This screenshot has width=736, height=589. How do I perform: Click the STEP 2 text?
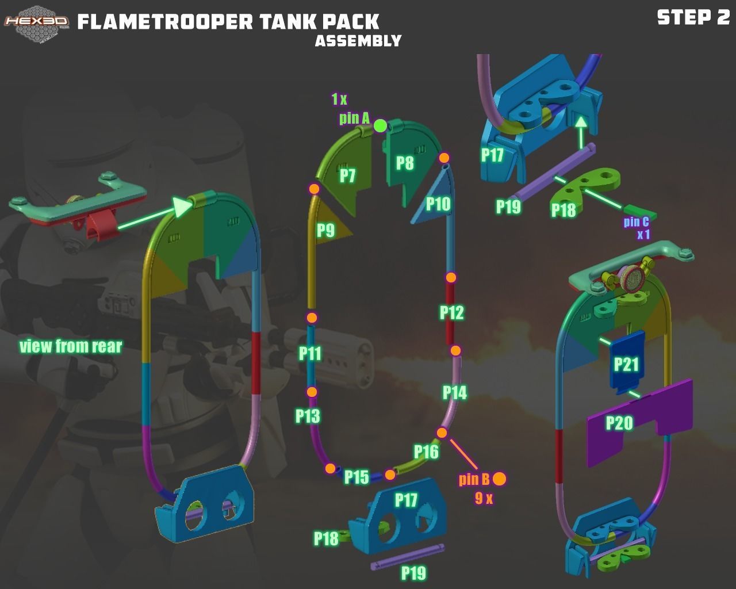[x=693, y=17]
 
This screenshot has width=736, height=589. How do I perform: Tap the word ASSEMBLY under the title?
[x=358, y=41]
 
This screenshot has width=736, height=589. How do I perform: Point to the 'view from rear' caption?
[x=71, y=346]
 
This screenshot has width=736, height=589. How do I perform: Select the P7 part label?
[x=347, y=175]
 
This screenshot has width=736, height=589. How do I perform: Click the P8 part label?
[x=405, y=163]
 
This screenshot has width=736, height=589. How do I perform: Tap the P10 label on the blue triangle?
[x=438, y=204]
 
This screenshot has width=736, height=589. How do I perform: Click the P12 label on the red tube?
[x=451, y=312]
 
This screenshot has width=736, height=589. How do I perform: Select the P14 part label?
[x=454, y=393]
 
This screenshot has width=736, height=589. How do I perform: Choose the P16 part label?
[x=426, y=452]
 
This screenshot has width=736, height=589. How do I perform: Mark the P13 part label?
[x=308, y=416]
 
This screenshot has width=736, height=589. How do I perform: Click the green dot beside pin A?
[x=380, y=125]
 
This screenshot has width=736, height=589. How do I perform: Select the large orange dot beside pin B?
[x=499, y=479]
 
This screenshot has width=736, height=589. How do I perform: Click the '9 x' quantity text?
[x=484, y=499]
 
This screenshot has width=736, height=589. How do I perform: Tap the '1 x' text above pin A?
[x=339, y=100]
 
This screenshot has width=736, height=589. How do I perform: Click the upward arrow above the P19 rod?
[x=581, y=129]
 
